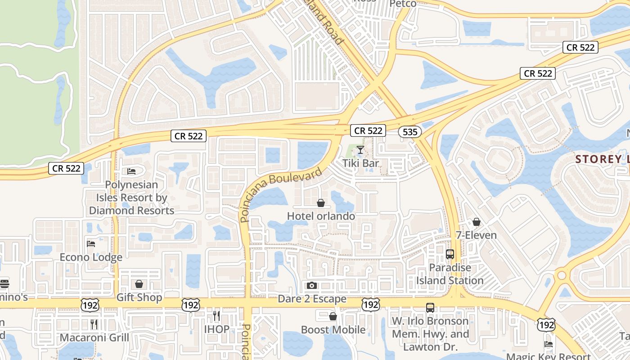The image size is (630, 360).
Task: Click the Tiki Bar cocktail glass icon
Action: click(x=360, y=149)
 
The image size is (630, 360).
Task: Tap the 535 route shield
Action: click(x=409, y=132)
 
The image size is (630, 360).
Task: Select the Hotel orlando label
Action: click(x=321, y=216)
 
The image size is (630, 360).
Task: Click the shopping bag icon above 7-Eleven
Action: click(x=477, y=222)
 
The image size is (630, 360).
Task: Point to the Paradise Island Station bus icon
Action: click(x=450, y=254)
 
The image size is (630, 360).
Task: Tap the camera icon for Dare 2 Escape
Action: click(x=311, y=285)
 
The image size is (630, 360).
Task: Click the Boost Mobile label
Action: click(x=333, y=330)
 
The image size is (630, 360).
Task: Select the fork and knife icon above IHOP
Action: click(x=216, y=316)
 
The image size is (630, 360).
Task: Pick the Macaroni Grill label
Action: click(x=94, y=337)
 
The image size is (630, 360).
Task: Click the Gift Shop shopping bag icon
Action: click(x=139, y=284)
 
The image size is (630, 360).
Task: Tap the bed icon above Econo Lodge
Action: click(x=91, y=244)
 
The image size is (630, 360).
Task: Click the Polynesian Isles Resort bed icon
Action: click(x=131, y=171)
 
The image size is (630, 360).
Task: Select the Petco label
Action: click(x=403, y=4)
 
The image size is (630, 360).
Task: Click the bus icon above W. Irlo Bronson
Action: click(x=430, y=308)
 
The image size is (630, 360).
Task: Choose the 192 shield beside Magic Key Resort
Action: click(x=545, y=324)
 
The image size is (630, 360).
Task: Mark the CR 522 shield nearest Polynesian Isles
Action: click(x=189, y=135)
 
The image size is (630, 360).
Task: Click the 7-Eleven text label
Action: click(x=476, y=235)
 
